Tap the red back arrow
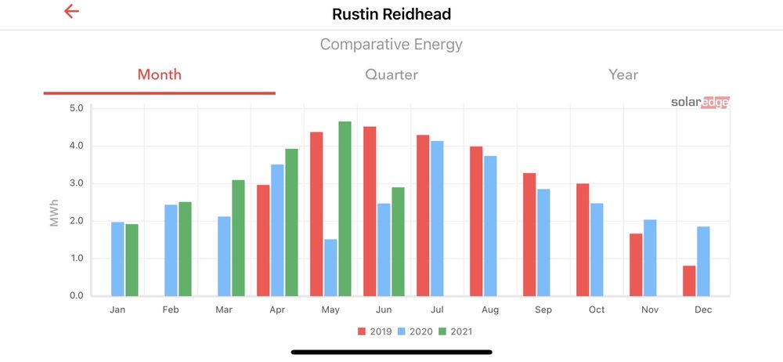[x=71, y=12]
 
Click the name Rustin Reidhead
[x=391, y=14]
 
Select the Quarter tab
[x=391, y=75]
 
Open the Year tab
[x=623, y=75]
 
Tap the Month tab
[x=159, y=75]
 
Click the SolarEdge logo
[x=699, y=103]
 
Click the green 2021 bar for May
[x=345, y=208]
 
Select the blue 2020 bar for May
[x=330, y=267]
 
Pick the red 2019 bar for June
[x=370, y=211]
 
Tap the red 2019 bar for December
[x=689, y=281]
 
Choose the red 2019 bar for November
[x=636, y=264]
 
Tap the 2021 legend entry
[x=454, y=331]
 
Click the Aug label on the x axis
[x=490, y=310]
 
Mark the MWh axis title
[x=55, y=212]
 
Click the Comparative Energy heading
[x=391, y=45]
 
